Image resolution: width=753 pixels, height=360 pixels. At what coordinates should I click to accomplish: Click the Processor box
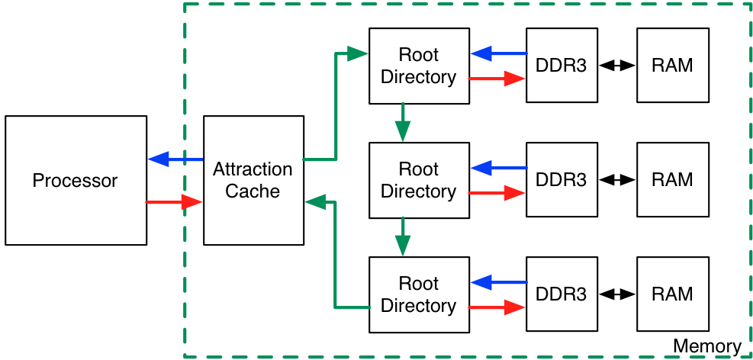[x=76, y=181]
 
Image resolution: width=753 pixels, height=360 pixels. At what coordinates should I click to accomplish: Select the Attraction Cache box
[x=253, y=181]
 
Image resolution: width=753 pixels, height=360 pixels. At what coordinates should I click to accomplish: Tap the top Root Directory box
[x=418, y=66]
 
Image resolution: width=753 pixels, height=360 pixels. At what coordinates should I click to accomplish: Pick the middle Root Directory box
[x=418, y=180]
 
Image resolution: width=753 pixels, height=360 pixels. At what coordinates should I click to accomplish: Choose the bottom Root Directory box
[x=418, y=294]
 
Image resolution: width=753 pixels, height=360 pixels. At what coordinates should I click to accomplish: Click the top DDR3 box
[x=561, y=66]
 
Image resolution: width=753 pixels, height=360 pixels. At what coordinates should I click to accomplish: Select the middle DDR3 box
[x=561, y=180]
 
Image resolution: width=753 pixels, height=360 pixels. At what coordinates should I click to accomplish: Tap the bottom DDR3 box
[x=561, y=294]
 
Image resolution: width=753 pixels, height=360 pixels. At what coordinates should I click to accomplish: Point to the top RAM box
[x=672, y=66]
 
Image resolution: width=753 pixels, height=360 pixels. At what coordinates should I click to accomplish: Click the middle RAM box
[x=672, y=180]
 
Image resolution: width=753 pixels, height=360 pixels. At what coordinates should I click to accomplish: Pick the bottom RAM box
[x=672, y=294]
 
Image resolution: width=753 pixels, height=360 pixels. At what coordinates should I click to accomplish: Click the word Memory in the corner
[x=706, y=347]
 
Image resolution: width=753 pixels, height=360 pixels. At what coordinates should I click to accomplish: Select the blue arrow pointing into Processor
[x=175, y=159]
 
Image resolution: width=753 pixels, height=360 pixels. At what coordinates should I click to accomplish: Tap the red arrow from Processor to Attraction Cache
[x=175, y=202]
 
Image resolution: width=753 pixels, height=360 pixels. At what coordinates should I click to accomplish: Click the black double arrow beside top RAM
[x=617, y=66]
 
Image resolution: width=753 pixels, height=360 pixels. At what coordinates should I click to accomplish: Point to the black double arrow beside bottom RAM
[x=617, y=294]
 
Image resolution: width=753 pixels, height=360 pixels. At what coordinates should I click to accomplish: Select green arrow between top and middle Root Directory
[x=403, y=123]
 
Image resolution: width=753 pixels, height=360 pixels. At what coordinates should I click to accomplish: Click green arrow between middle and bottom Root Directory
[x=403, y=236]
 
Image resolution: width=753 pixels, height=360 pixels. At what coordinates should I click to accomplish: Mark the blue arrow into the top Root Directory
[x=498, y=53]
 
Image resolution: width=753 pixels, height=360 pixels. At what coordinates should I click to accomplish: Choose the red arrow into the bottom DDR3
[x=497, y=307]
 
